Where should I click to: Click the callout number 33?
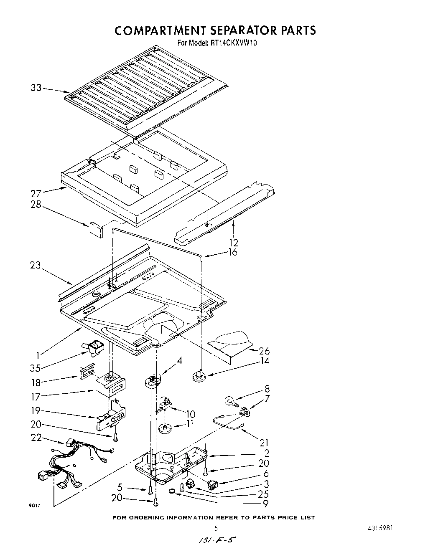(x=36, y=88)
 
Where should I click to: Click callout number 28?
(x=36, y=205)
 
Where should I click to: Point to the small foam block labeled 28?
(x=96, y=230)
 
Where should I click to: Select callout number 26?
(x=264, y=351)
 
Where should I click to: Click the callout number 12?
(x=234, y=242)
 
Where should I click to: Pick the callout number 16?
(x=232, y=252)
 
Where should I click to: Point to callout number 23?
(x=36, y=266)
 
